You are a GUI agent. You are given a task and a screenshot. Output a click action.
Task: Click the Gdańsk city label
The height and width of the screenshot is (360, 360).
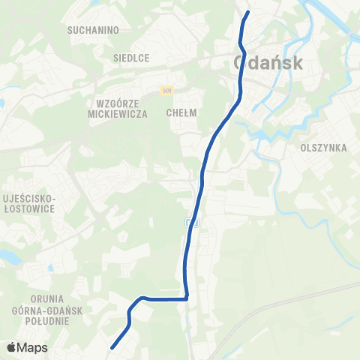269,63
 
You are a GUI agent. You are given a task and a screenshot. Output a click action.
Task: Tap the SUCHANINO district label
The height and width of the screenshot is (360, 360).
94,31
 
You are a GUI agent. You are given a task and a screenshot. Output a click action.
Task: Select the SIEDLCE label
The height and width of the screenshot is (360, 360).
131,58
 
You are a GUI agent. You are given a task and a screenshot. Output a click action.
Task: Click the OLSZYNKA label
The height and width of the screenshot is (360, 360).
323,148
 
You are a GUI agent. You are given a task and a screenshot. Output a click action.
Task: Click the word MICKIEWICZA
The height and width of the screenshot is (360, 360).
115,115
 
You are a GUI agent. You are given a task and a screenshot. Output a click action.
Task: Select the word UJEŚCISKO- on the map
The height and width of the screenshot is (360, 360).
31,196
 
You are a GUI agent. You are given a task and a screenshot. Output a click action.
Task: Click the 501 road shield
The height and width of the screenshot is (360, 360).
166,91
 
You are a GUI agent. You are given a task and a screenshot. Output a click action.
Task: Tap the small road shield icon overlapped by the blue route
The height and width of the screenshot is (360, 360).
190,222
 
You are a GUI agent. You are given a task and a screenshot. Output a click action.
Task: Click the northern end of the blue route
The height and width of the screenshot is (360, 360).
247,11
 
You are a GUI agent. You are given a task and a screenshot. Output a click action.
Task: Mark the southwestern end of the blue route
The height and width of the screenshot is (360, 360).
112,347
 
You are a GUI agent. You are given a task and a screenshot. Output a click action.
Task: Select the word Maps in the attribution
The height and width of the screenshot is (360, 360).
33,347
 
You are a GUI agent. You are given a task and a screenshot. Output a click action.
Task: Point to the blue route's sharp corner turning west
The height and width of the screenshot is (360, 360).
186,298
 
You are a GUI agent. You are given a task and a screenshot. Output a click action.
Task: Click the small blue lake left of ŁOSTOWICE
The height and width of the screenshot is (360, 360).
9,256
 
